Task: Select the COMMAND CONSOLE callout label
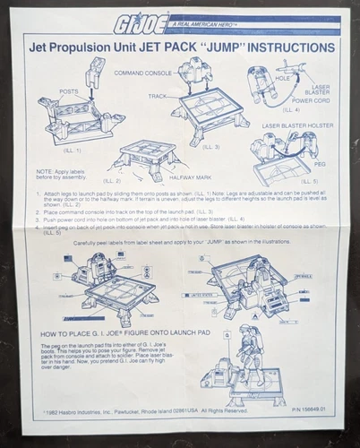141,72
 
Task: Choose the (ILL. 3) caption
211,146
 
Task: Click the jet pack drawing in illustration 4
261,90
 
